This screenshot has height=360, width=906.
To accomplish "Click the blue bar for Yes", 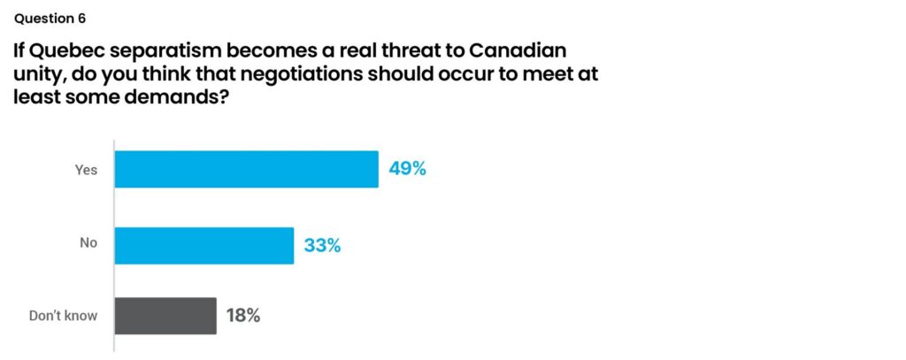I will click(246, 169).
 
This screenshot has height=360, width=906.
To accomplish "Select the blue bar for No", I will click(203, 245).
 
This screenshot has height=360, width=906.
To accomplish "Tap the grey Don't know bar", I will click(165, 315).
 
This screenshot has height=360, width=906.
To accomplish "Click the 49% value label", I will click(407, 169).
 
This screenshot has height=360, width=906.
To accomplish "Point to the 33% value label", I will click(322, 245).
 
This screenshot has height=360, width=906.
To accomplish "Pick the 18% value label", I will click(242, 315).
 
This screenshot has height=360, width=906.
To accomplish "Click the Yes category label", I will click(86, 170).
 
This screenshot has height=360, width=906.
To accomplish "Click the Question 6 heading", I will click(50, 18).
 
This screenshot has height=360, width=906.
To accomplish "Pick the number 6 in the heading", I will click(82, 18).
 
